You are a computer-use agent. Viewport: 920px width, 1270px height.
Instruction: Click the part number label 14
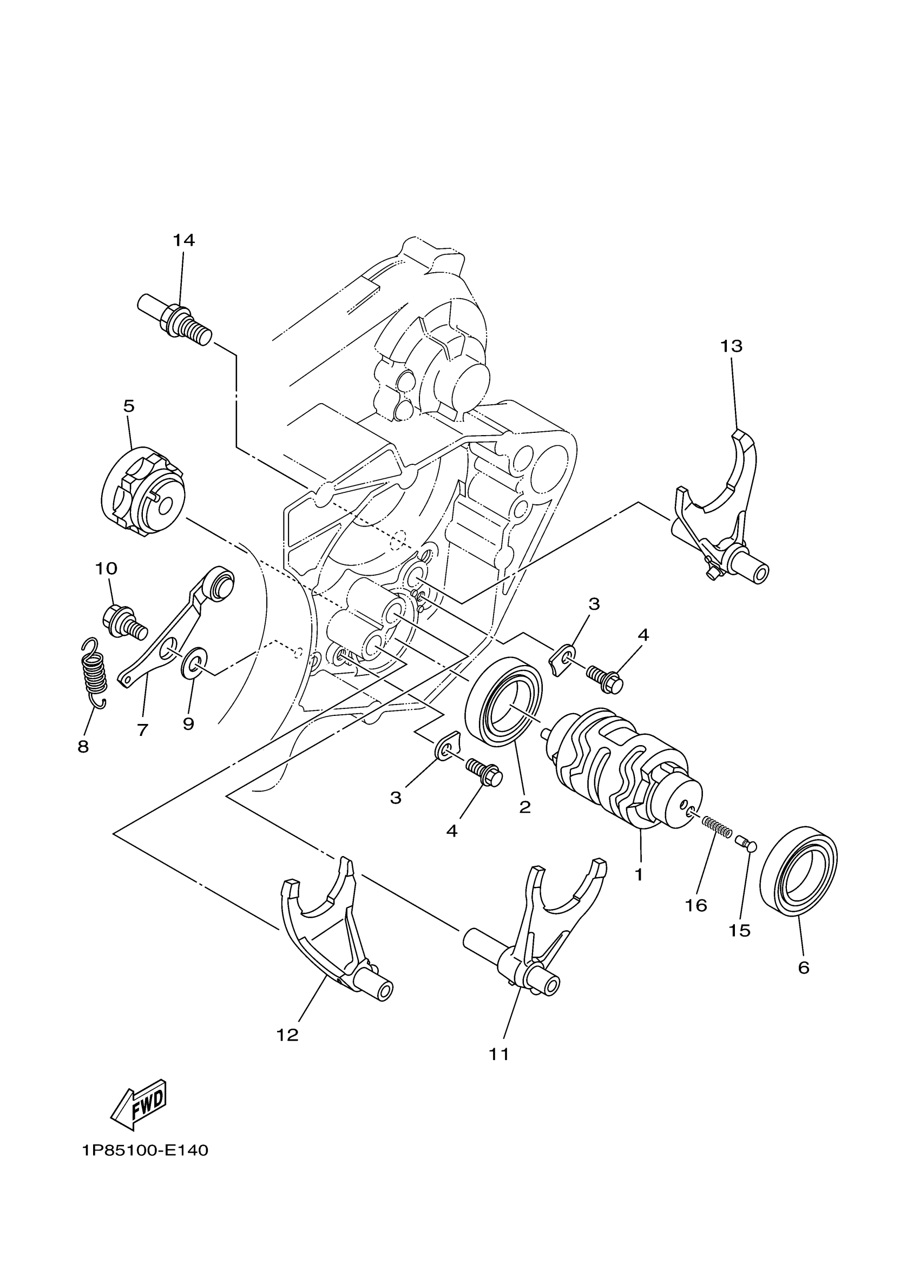coord(183,241)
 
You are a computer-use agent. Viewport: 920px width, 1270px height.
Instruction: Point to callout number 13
coord(731,347)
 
